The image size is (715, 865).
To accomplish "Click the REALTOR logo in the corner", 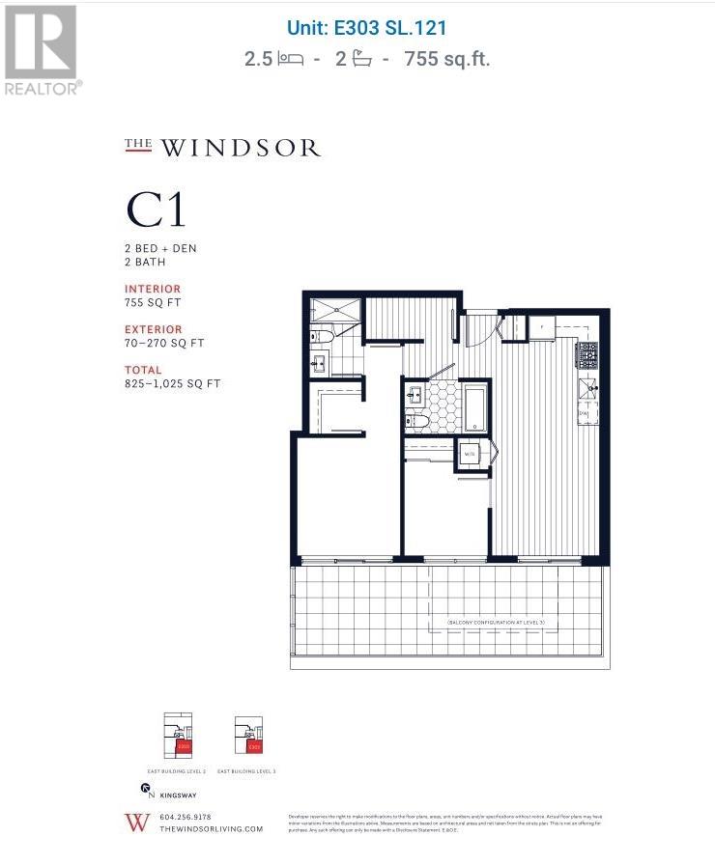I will (x=41, y=48).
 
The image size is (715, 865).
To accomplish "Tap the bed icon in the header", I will (x=289, y=59).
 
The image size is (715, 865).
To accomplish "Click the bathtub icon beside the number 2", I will (x=362, y=59).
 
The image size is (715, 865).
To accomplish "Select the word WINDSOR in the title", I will (x=240, y=149).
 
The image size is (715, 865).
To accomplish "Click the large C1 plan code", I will (x=156, y=209).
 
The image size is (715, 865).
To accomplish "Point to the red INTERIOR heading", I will (x=153, y=289).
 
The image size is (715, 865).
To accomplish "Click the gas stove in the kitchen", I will (x=587, y=355).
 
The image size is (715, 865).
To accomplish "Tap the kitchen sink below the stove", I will (x=587, y=389).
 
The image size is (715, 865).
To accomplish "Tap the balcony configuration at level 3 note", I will (x=497, y=624).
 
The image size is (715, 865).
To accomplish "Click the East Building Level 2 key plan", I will (x=180, y=738).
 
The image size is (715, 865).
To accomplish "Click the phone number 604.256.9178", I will (x=185, y=817).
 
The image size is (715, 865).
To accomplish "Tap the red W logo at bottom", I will (x=133, y=823).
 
